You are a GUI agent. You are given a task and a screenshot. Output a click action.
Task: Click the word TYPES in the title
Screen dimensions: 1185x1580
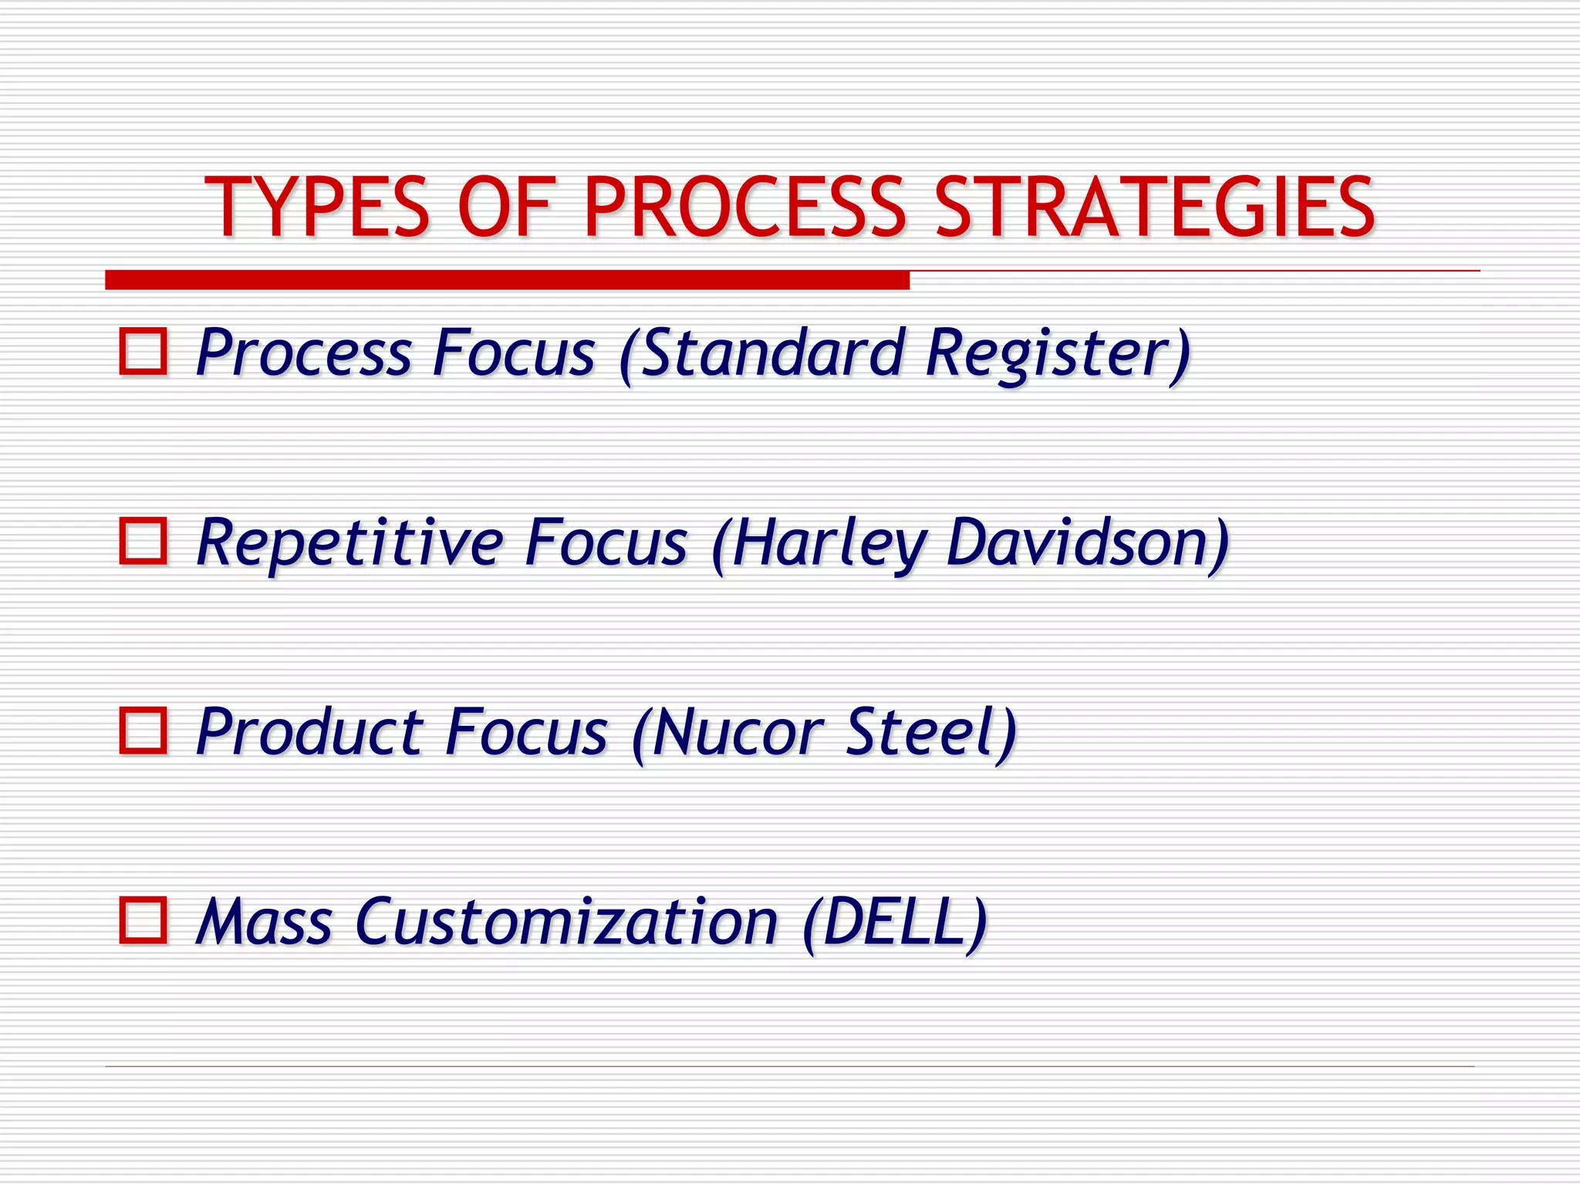(x=316, y=207)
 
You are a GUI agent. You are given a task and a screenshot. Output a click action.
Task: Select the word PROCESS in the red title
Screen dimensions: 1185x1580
(x=744, y=207)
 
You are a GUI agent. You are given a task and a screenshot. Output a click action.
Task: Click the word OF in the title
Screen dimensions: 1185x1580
(x=505, y=207)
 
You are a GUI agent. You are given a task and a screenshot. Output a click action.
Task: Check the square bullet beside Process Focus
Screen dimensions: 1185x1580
(x=143, y=353)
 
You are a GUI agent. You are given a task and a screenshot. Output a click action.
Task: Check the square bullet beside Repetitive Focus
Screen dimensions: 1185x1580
(x=143, y=541)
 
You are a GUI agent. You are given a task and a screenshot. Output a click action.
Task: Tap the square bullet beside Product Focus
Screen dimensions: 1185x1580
(x=143, y=730)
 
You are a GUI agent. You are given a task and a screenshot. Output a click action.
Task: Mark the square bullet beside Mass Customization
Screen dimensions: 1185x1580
(x=143, y=920)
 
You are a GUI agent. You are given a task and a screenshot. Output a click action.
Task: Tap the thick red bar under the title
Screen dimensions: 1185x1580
(x=507, y=280)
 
